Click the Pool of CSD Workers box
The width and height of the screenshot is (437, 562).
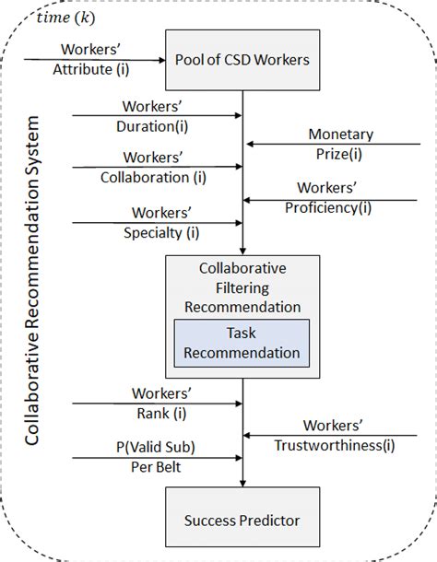(x=242, y=60)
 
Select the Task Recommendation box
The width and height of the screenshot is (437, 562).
(x=242, y=342)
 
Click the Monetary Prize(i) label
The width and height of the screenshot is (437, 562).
(x=341, y=143)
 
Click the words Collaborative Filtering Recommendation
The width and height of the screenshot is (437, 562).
(x=242, y=287)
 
